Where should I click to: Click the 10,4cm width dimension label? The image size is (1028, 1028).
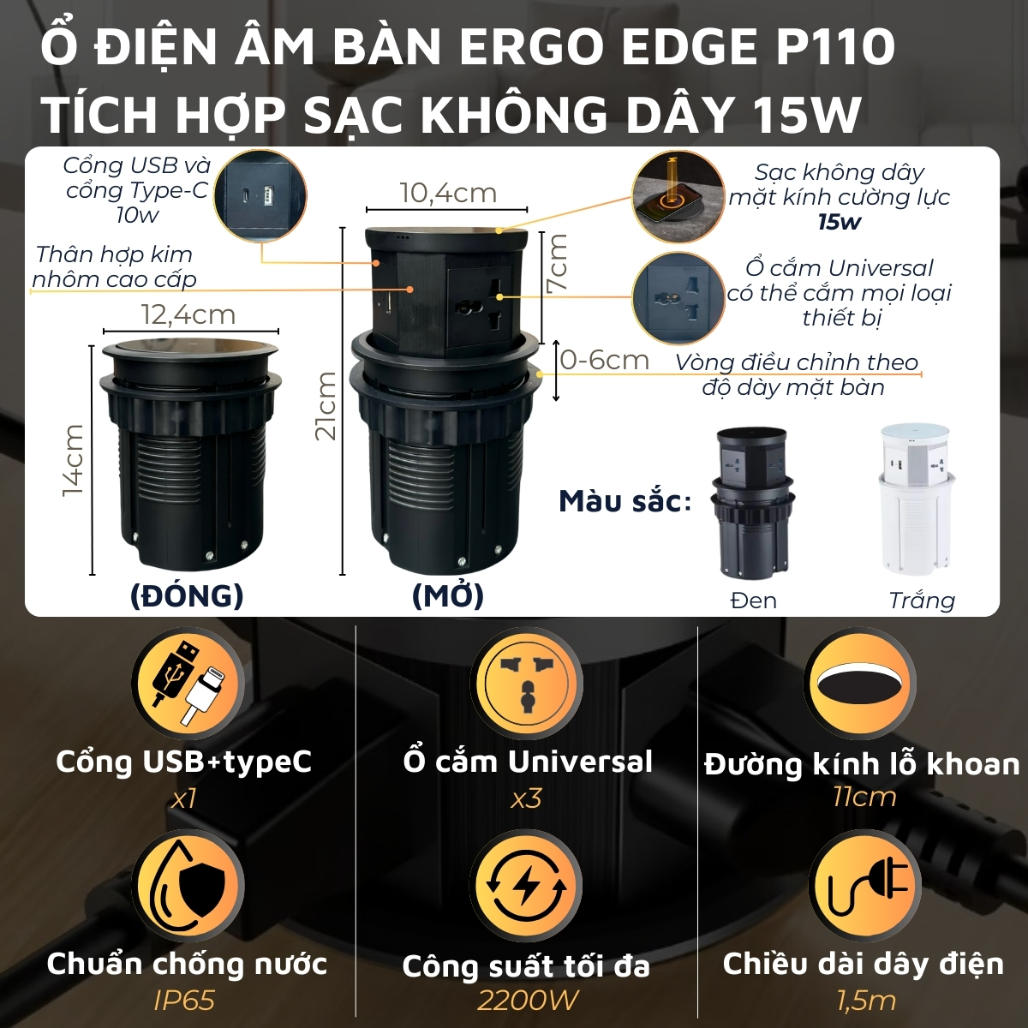click(x=448, y=193)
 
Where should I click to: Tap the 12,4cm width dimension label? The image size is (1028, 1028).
click(x=188, y=314)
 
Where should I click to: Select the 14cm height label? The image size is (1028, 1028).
click(x=73, y=460)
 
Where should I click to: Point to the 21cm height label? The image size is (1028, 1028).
click(x=326, y=405)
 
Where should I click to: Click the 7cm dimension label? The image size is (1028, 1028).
click(x=558, y=261)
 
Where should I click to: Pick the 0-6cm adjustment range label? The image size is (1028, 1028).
click(x=605, y=360)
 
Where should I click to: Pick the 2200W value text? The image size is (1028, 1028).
click(x=527, y=1000)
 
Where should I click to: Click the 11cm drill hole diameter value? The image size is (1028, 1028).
click(x=864, y=797)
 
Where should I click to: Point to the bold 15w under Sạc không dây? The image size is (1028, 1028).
click(x=839, y=223)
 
